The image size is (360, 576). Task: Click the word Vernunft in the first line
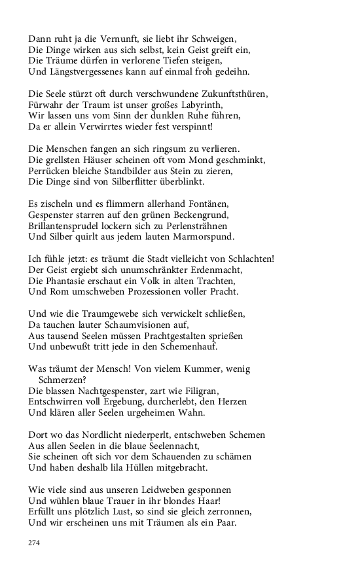pyautogui.click(x=117, y=38)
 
